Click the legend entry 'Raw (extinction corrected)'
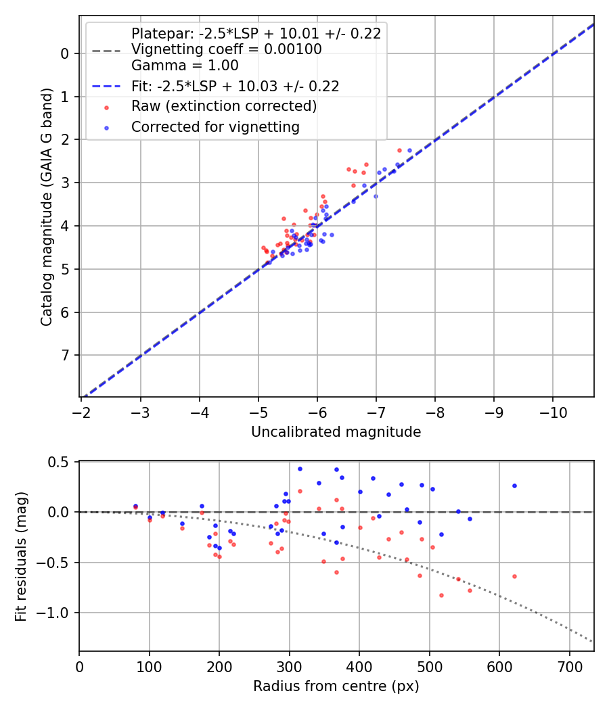pos(224,106)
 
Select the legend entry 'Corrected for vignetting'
pos(215,126)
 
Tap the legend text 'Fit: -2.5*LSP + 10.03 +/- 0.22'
pos(235,86)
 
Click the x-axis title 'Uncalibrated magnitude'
pos(336,432)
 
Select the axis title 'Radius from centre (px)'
pos(336,686)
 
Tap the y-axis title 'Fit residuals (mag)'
pos(22,556)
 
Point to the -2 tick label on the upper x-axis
pos(82,412)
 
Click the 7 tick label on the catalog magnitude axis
pos(66,356)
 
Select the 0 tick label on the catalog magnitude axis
pos(66,53)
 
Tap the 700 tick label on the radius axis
pos(569,666)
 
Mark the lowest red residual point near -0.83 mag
pos(441,595)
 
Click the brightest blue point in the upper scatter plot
pos(409,150)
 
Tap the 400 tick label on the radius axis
pos(359,666)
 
